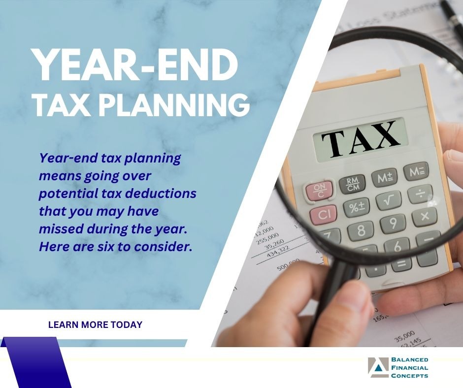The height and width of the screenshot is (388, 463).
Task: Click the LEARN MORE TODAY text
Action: [95, 324]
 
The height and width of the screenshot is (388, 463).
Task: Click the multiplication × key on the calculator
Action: [424, 216]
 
